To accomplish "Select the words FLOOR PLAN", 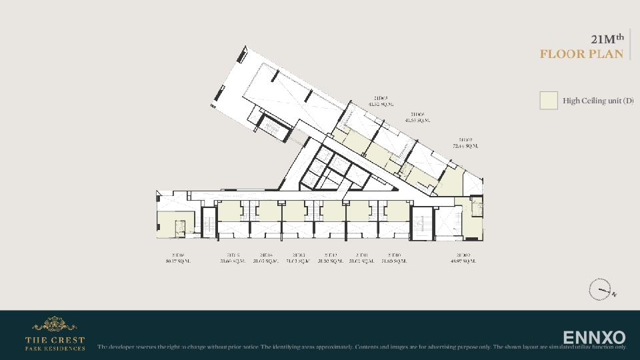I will (581, 54).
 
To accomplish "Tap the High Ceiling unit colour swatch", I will (548, 101).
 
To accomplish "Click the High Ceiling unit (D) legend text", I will (597, 101).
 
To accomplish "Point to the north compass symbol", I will (600, 290).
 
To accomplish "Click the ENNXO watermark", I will (594, 337).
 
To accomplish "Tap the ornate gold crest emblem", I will (55, 324).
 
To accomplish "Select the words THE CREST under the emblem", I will (55, 340).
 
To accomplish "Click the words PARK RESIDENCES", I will (55, 348).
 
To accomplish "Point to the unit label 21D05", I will (381, 98).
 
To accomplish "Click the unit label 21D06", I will (418, 115).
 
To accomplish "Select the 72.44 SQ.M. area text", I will (465, 145).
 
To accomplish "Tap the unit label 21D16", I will (178, 255).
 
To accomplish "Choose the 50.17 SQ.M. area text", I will (178, 261).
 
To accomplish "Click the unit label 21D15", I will (233, 255).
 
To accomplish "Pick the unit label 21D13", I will (298, 255).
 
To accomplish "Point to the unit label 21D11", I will (363, 255).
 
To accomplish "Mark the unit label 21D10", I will (395, 255).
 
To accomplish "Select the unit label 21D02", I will (463, 255).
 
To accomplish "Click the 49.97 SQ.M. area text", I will (463, 261).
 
